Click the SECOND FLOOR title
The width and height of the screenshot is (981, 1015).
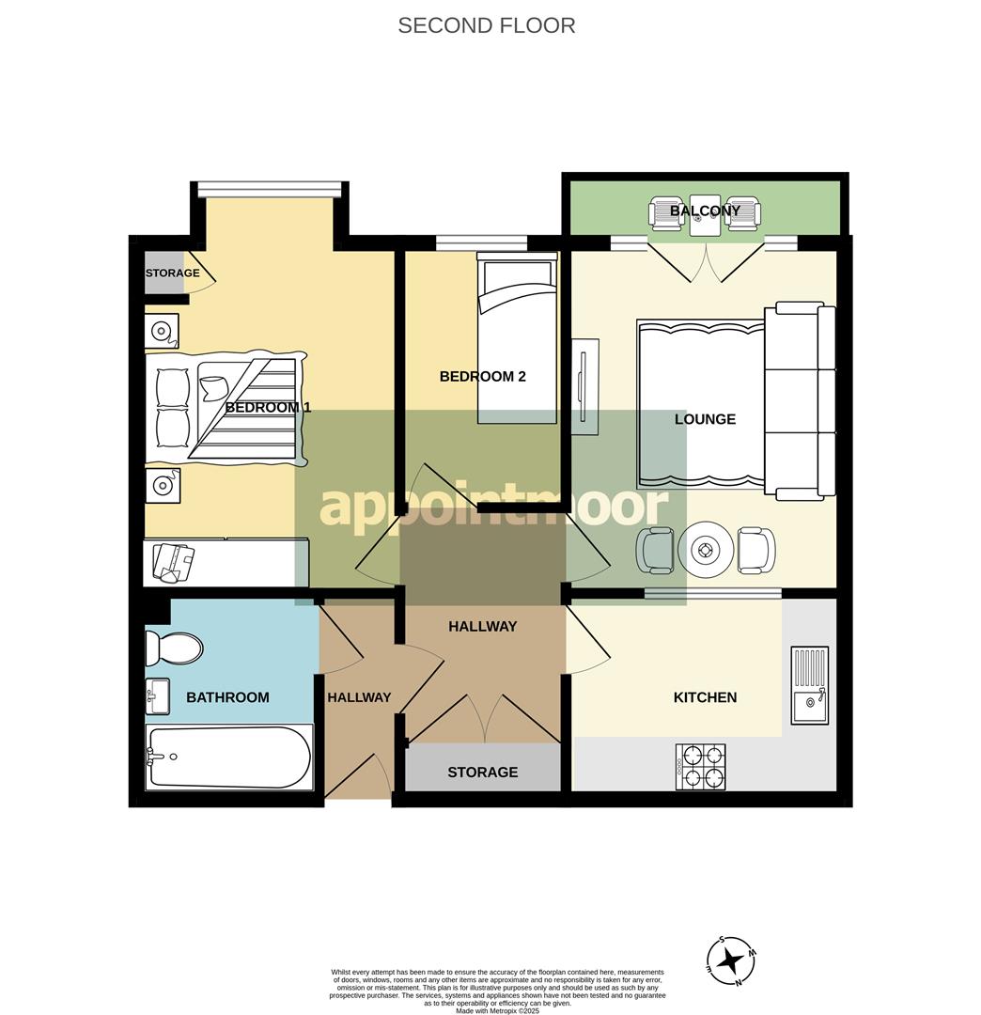[x=486, y=25]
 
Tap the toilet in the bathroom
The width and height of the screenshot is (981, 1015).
[x=175, y=648]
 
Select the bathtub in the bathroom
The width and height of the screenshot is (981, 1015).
[x=228, y=757]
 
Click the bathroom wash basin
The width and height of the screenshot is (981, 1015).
[x=158, y=696]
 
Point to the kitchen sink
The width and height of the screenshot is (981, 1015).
[x=809, y=684]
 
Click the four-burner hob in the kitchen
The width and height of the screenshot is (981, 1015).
[x=701, y=766]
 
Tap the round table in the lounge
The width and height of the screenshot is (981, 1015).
[x=705, y=550]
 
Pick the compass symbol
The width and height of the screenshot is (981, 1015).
[x=731, y=960]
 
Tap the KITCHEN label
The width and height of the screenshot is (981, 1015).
[x=705, y=697]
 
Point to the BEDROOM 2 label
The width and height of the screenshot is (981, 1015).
[x=482, y=377]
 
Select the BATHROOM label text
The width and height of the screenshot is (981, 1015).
[x=227, y=697]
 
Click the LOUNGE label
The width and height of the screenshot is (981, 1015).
[x=705, y=419]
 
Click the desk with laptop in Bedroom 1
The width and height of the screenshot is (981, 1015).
[x=226, y=563]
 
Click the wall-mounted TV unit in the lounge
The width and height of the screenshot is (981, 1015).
[x=584, y=386]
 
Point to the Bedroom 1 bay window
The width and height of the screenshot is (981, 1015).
[x=270, y=189]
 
